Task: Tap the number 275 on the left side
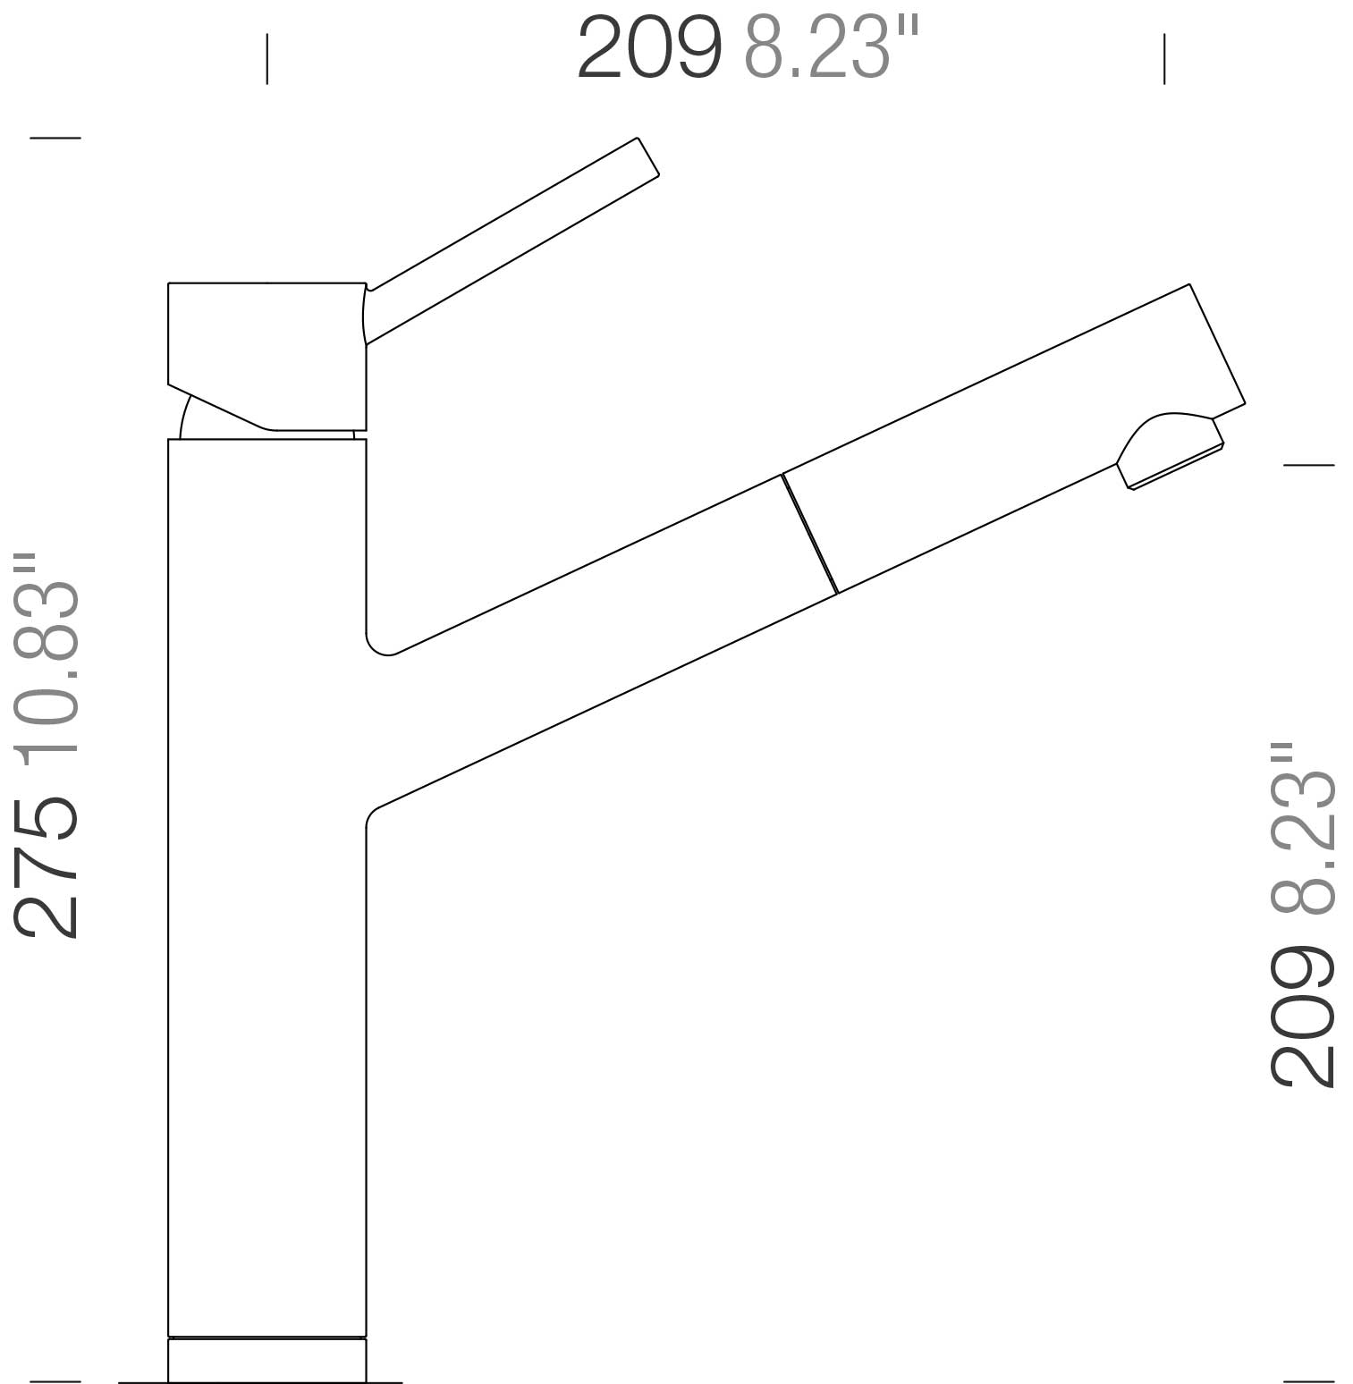[46, 866]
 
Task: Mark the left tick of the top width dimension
[266, 59]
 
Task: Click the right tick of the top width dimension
[1164, 59]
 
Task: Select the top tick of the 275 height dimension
[55, 138]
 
